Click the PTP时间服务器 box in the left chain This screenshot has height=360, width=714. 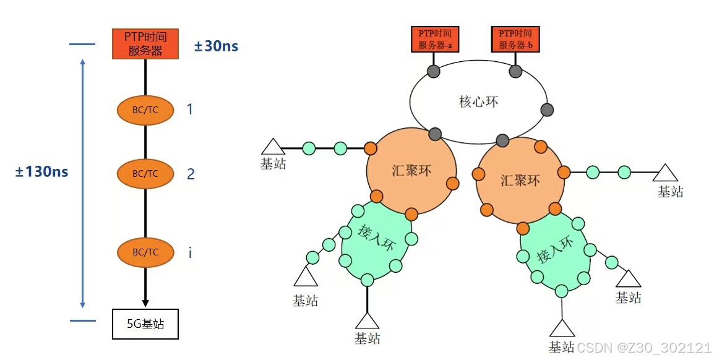pyautogui.click(x=145, y=44)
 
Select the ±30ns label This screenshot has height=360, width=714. pyautogui.click(x=216, y=46)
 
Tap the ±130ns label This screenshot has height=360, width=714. pyautogui.click(x=42, y=172)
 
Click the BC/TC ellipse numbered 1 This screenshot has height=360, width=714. pyautogui.click(x=145, y=111)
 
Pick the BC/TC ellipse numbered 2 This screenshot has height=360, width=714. pyautogui.click(x=145, y=174)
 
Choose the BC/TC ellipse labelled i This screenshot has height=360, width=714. pyautogui.click(x=145, y=252)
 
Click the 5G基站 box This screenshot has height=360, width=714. pyautogui.click(x=145, y=324)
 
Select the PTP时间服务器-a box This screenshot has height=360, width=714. pyautogui.click(x=434, y=38)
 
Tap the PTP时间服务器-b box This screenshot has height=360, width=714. pyautogui.click(x=515, y=38)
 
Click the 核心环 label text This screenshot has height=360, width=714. pyautogui.click(x=478, y=101)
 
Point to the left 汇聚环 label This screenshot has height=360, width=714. pyautogui.click(x=411, y=170)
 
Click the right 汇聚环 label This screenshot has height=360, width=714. pyautogui.click(x=520, y=180)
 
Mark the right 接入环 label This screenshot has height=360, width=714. pyautogui.click(x=553, y=248)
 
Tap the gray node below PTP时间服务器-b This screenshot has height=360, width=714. pyautogui.click(x=515, y=71)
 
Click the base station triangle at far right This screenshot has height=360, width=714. pyautogui.click(x=666, y=173)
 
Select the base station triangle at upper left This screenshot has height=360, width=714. pyautogui.click(x=272, y=147)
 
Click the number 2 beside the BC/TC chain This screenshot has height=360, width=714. pyautogui.click(x=191, y=174)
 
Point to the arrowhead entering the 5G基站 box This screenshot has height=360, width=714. pyautogui.click(x=145, y=303)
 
